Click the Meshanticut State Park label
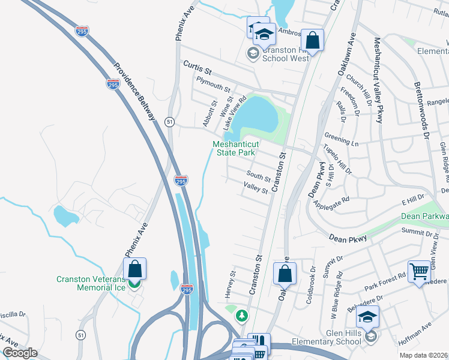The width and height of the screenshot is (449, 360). (x=234, y=148)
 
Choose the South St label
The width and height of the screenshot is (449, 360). (x=259, y=176)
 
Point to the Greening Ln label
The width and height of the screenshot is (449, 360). (x=341, y=140)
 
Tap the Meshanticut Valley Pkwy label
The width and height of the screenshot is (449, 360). (x=378, y=80)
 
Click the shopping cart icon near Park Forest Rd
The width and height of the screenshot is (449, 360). (x=419, y=271)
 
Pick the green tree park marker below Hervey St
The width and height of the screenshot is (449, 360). (x=242, y=315)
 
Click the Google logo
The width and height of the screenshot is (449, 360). (x=19, y=353)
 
